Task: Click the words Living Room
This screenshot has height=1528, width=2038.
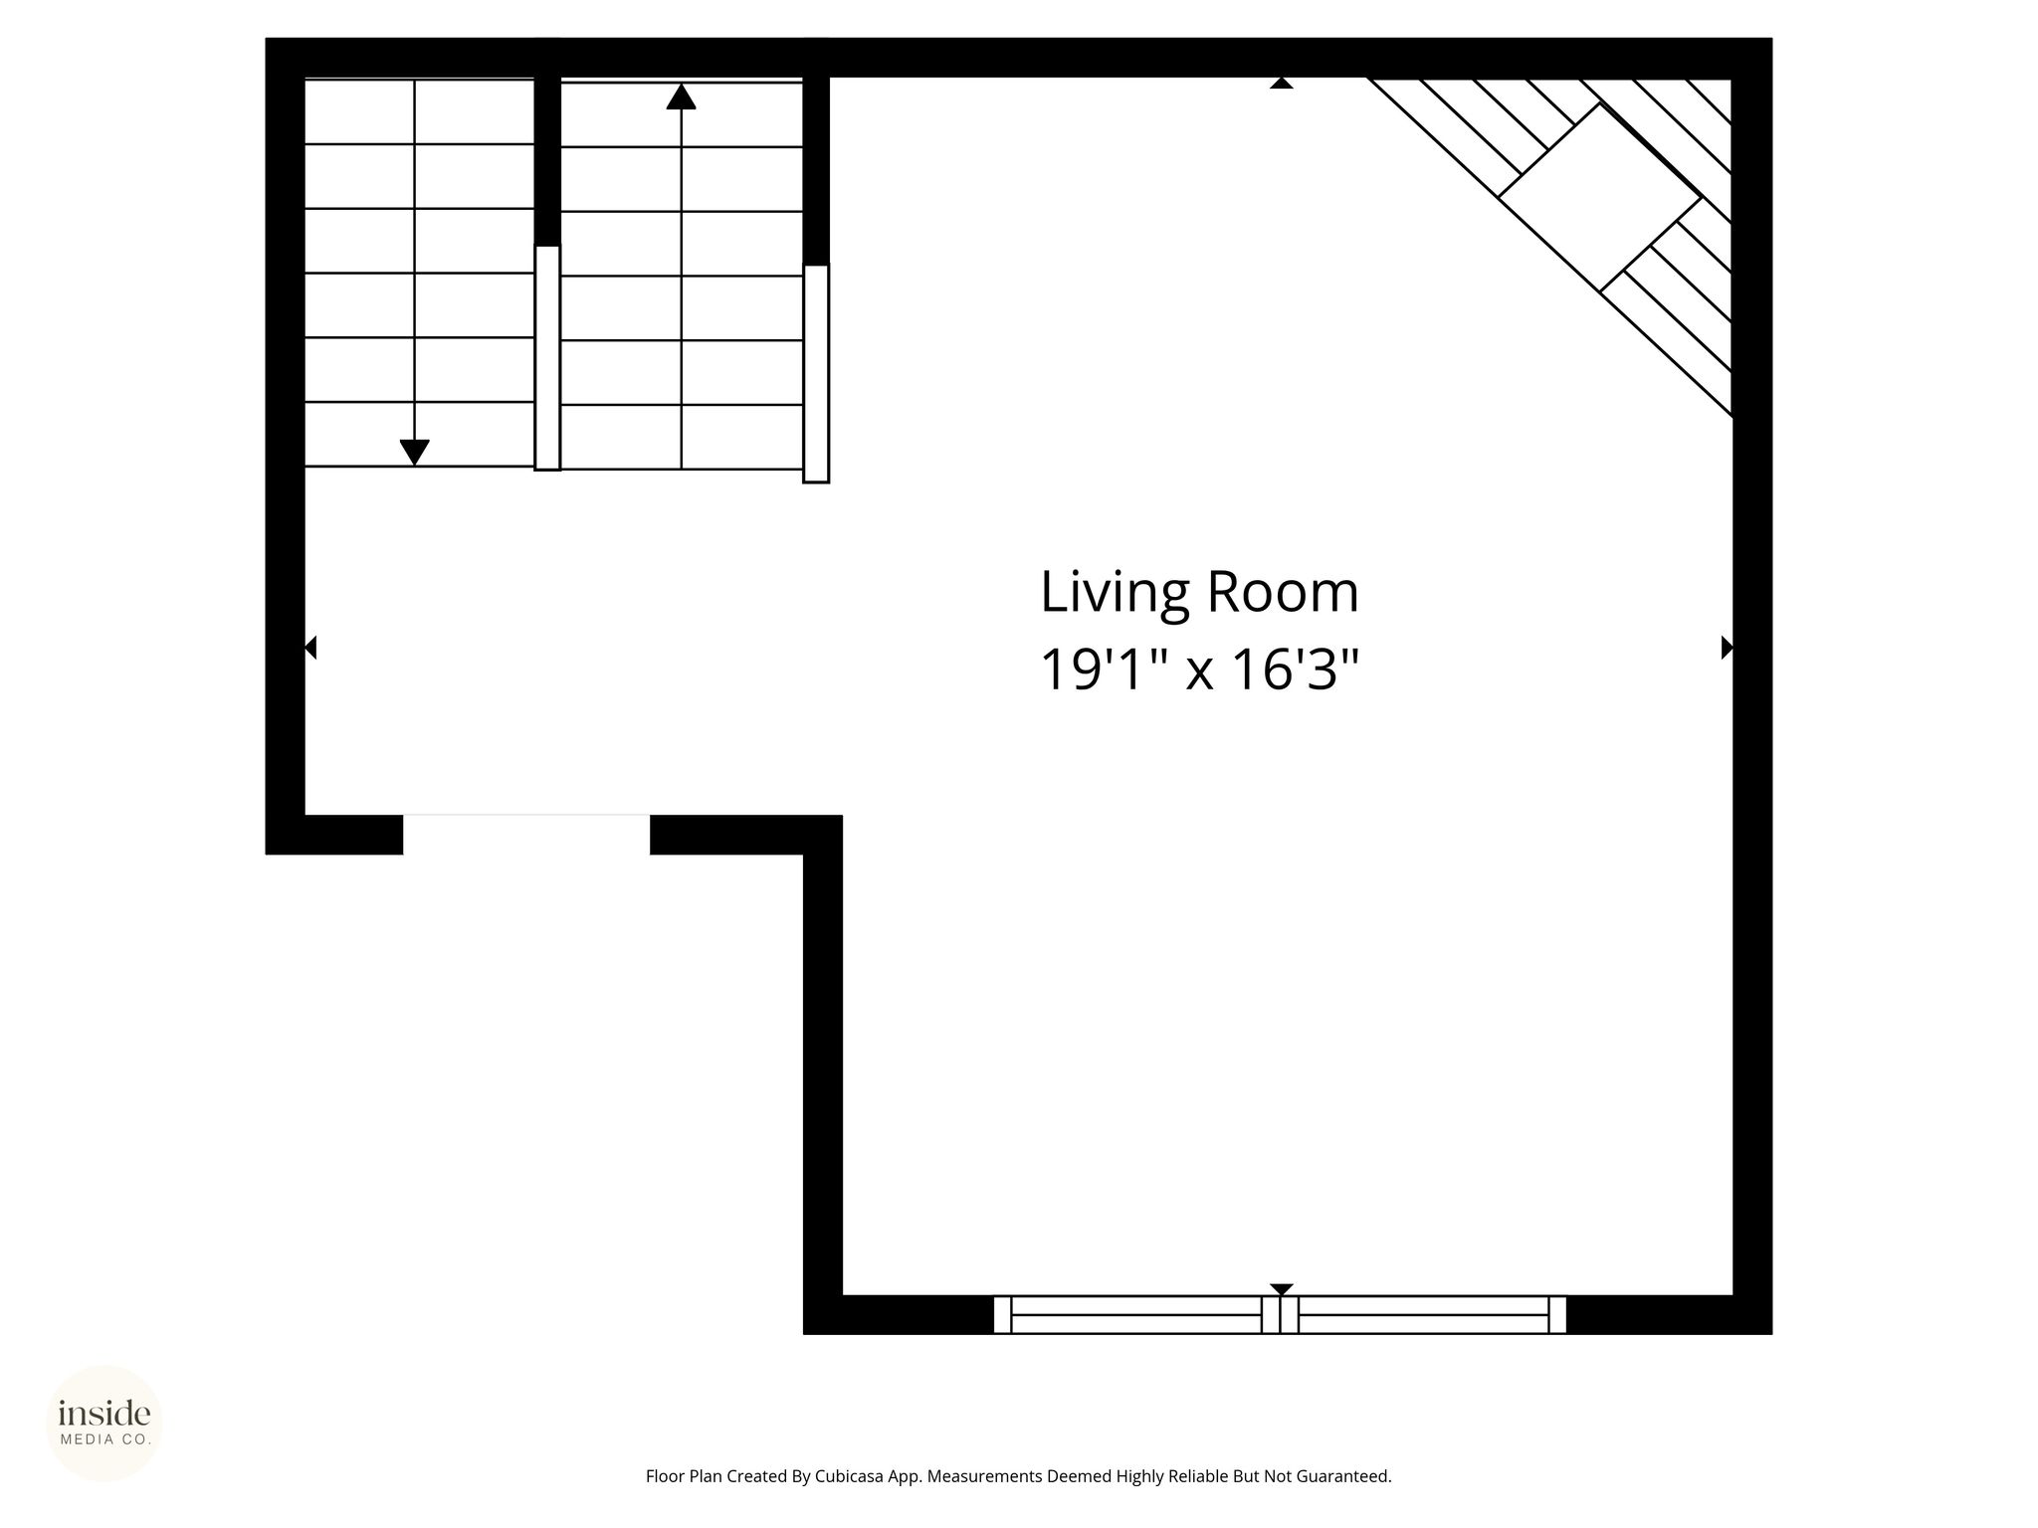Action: point(1199,593)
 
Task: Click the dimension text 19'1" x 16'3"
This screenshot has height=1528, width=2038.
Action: point(1199,669)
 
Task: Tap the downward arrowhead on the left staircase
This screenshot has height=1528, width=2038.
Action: point(414,453)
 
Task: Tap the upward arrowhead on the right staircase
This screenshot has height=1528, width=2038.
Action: point(681,96)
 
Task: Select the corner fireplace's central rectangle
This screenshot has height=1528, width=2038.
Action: point(1599,197)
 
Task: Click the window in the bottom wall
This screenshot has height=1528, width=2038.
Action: point(1280,1314)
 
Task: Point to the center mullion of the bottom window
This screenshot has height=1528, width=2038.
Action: point(1280,1314)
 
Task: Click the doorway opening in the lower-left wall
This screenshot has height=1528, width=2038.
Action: point(526,835)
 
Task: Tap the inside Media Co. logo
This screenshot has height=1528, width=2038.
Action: point(104,1424)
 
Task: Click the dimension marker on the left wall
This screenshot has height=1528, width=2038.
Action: point(309,648)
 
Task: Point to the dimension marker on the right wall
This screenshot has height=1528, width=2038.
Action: point(1728,648)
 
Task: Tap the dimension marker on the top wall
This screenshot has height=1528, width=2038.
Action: point(1282,84)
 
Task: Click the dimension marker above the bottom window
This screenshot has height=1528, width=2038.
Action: point(1282,1289)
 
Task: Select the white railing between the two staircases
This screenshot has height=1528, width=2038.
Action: point(547,357)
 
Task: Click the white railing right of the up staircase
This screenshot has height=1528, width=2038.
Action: point(816,373)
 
